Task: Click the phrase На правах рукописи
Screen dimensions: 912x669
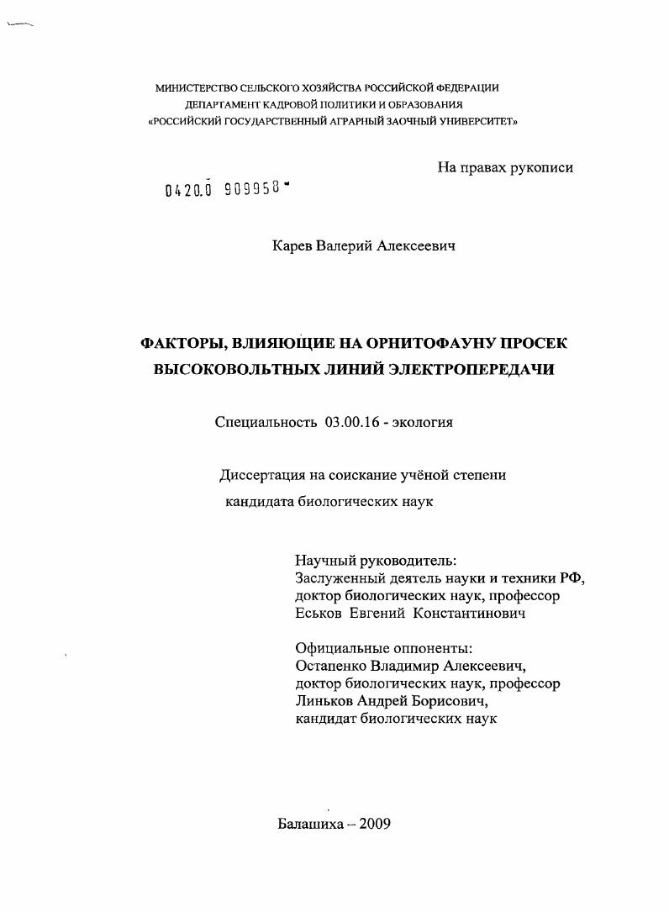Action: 505,167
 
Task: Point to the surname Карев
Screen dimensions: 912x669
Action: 291,245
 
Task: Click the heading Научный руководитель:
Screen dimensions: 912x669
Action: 376,561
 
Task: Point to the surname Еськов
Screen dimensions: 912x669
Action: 319,614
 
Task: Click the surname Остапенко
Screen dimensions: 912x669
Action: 332,666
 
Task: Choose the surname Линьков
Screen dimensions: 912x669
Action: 320,701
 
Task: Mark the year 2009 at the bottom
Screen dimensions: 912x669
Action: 375,824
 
